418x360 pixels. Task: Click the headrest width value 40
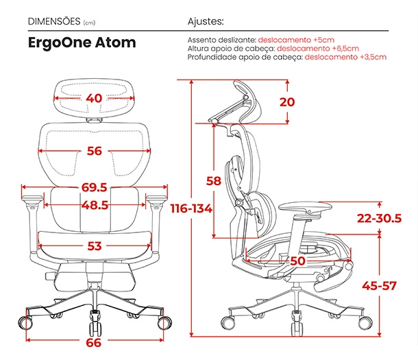click(94, 99)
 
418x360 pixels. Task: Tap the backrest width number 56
click(95, 151)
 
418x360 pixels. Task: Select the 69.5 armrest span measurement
click(94, 187)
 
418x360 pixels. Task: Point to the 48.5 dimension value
click(95, 205)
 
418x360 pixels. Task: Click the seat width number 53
click(95, 246)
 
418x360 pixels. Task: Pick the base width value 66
click(94, 343)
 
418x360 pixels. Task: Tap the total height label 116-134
click(191, 208)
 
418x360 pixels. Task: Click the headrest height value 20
click(287, 102)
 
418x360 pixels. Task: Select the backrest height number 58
click(214, 181)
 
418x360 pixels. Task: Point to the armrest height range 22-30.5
click(379, 218)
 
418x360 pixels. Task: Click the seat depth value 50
click(297, 261)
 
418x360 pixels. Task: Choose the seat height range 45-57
click(379, 286)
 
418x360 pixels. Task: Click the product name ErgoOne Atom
click(82, 43)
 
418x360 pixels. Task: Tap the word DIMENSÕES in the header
click(54, 21)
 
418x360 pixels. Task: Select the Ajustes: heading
click(206, 21)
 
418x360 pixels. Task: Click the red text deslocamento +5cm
click(296, 40)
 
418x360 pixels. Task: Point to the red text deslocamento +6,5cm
click(318, 49)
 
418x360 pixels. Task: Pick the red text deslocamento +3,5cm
click(345, 57)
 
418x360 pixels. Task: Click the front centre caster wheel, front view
click(95, 323)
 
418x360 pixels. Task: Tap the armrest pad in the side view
click(306, 206)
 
